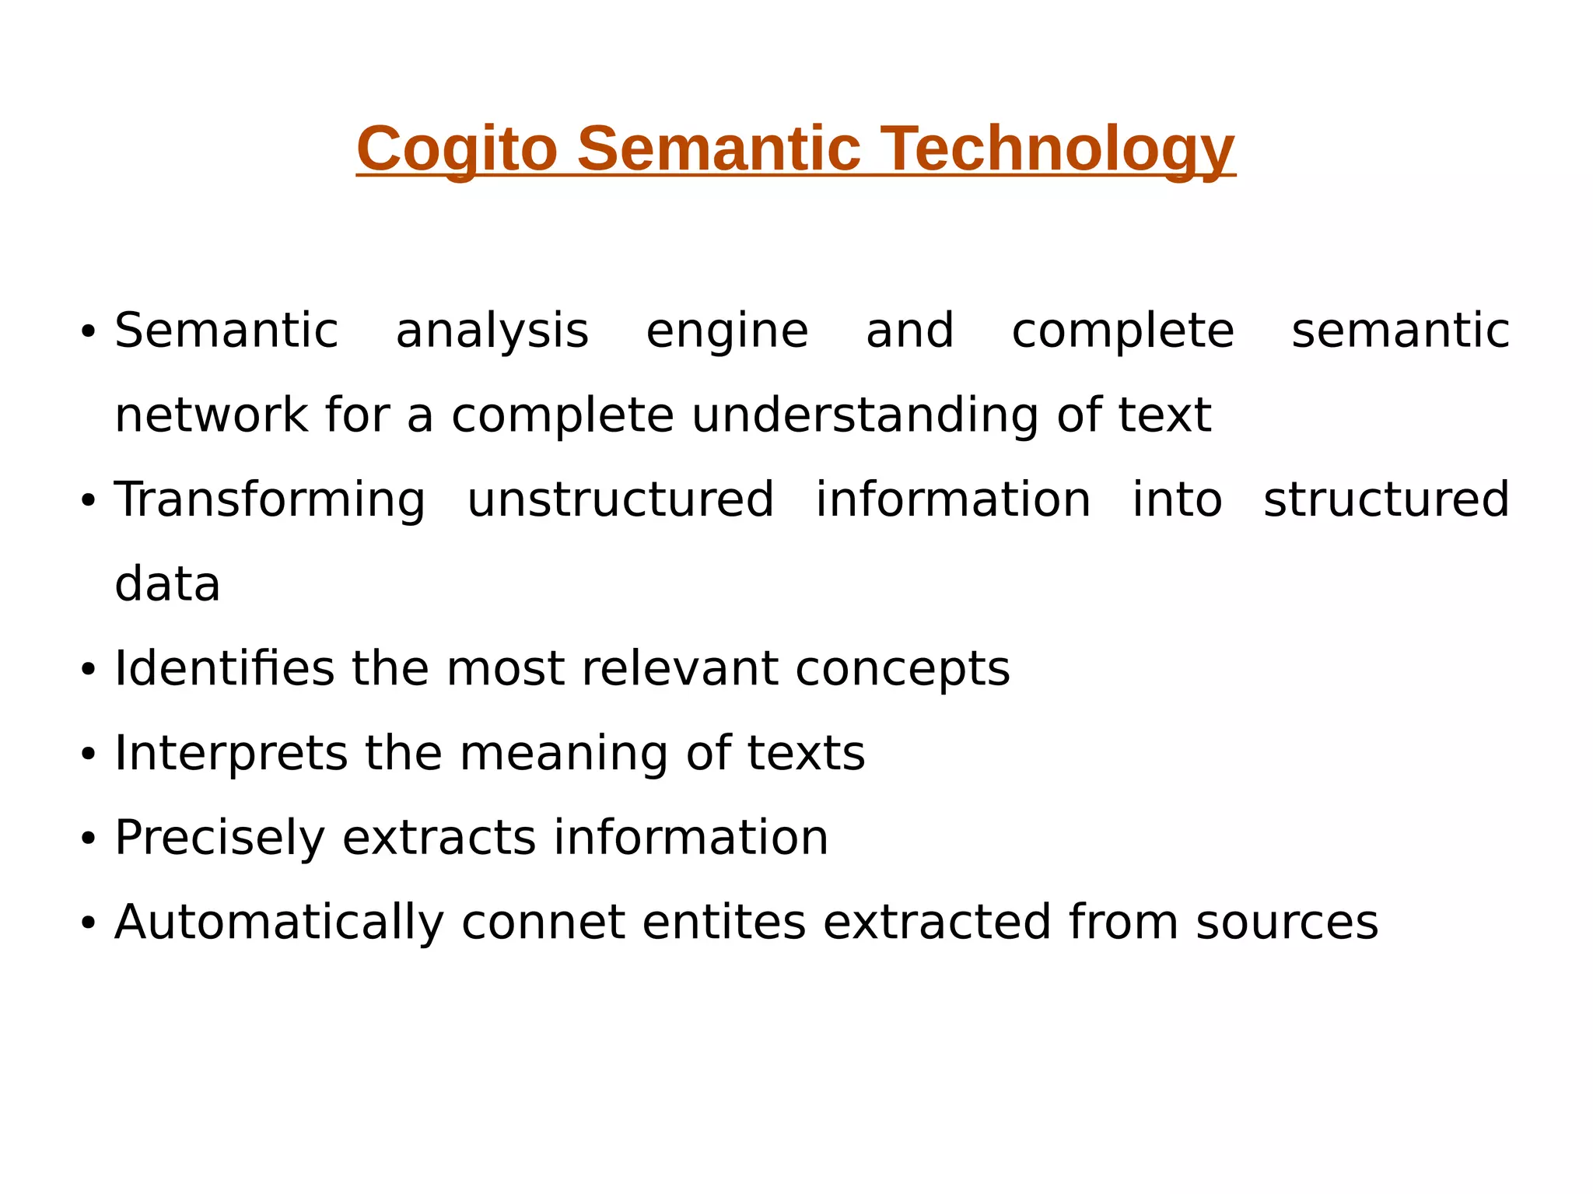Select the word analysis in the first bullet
pos(492,331)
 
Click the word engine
pos(727,331)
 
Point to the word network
pos(211,415)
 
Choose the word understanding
pos(865,415)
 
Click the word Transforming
pos(270,499)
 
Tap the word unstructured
pos(620,499)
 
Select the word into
pos(1177,499)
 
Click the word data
pos(167,584)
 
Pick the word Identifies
pos(224,668)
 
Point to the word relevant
pos(680,668)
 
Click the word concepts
pos(902,668)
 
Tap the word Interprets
pos(231,753)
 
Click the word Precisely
pos(219,838)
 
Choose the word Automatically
pos(279,922)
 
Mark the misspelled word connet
pos(543,922)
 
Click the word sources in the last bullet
pos(1287,922)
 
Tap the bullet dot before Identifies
pos(88,670)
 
